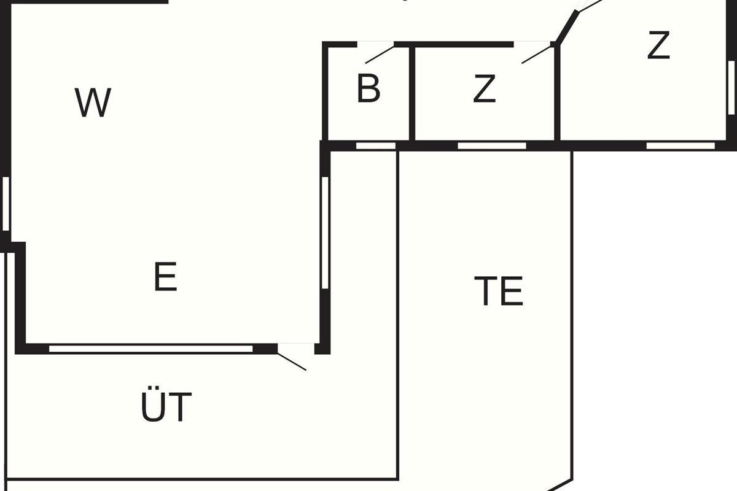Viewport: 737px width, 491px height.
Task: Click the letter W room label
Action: pyautogui.click(x=93, y=102)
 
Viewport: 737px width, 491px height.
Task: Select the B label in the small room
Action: pyautogui.click(x=368, y=89)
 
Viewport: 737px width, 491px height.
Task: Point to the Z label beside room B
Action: pyautogui.click(x=485, y=89)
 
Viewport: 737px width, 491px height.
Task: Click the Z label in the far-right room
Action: pyautogui.click(x=658, y=45)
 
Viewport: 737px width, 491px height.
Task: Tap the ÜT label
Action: pyautogui.click(x=166, y=406)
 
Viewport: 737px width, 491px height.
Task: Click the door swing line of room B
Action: pyautogui.click(x=380, y=54)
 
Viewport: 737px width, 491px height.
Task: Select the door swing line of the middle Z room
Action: pyautogui.click(x=537, y=53)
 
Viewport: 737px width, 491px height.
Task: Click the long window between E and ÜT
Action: pyautogui.click(x=150, y=349)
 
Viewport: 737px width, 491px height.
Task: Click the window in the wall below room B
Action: pyautogui.click(x=376, y=146)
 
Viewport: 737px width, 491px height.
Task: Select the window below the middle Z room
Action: pyautogui.click(x=492, y=146)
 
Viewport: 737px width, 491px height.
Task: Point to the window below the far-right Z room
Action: pyautogui.click(x=680, y=146)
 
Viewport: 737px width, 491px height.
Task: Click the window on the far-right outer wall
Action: pyautogui.click(x=731, y=86)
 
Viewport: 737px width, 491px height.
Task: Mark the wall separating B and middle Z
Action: pyautogui.click(x=412, y=92)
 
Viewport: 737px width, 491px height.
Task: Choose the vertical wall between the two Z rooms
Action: pyautogui.click(x=557, y=92)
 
